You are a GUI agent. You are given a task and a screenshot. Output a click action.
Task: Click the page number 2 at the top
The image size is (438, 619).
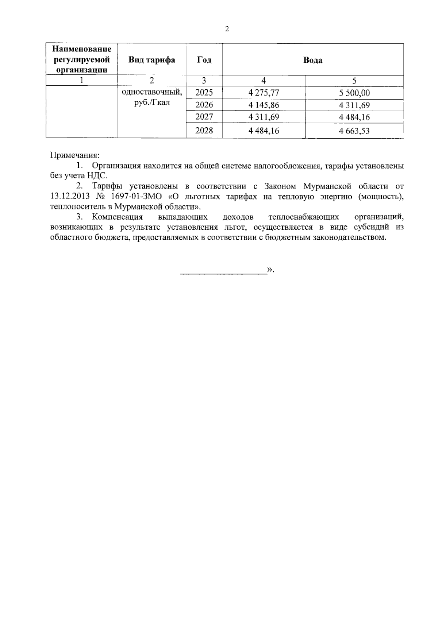[227, 30]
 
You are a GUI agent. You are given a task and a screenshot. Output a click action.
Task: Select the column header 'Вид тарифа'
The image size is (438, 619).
[151, 60]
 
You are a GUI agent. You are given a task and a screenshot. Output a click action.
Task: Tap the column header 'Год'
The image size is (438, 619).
[204, 60]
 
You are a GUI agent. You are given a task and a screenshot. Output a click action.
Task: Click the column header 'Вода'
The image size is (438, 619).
[313, 60]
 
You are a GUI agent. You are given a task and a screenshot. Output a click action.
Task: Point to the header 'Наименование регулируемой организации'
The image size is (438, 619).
[82, 59]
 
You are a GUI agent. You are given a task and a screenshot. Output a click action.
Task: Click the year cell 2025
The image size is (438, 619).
[204, 93]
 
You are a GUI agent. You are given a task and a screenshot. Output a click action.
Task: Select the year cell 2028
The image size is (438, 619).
[204, 131]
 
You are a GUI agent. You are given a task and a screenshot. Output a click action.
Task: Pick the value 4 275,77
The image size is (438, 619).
[264, 93]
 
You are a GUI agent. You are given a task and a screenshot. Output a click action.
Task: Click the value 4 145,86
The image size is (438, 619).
[264, 105]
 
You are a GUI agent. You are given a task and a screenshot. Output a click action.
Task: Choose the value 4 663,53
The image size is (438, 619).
[354, 131]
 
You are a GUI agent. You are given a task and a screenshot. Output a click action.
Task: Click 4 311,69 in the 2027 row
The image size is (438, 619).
[264, 117]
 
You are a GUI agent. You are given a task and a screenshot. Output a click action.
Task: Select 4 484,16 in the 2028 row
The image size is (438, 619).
[264, 131]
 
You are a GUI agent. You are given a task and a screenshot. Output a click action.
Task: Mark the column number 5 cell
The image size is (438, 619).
[354, 81]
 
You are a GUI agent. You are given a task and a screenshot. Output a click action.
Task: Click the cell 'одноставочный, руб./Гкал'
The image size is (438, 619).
[151, 97]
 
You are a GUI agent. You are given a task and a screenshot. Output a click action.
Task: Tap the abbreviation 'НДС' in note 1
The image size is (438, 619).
[97, 176]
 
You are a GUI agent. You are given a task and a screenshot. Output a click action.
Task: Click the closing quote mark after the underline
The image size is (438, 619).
[270, 270]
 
